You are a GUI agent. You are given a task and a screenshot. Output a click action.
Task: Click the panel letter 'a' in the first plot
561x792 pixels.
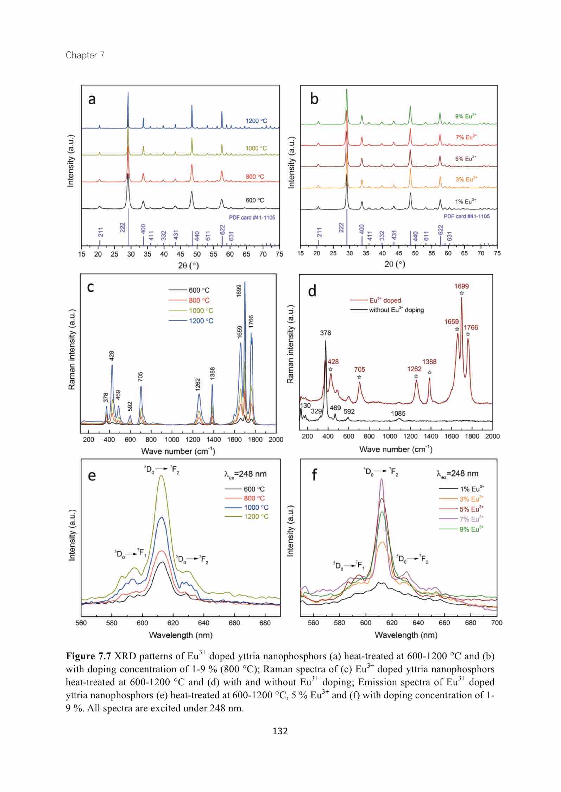pyautogui.click(x=92, y=100)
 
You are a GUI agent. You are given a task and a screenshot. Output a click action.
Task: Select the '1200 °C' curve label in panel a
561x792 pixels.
pyautogui.click(x=256, y=121)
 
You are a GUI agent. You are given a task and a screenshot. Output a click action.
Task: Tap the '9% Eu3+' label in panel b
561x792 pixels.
pyautogui.click(x=466, y=116)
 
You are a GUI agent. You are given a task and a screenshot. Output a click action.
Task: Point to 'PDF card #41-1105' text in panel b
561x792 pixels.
pyautogui.click(x=466, y=216)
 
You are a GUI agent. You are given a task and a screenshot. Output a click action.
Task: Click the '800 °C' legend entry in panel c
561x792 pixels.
pyautogui.click(x=199, y=301)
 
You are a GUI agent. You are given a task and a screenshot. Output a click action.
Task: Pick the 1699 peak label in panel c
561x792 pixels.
pyautogui.click(x=239, y=291)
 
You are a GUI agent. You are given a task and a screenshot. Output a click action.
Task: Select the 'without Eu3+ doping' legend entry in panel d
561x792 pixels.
pyautogui.click(x=396, y=310)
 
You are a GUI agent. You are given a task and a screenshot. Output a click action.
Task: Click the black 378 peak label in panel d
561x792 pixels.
pyautogui.click(x=326, y=333)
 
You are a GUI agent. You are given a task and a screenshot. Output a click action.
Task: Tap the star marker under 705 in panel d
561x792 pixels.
pyautogui.click(x=359, y=377)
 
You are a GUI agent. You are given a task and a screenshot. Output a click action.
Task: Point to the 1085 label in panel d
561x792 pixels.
pyautogui.click(x=398, y=414)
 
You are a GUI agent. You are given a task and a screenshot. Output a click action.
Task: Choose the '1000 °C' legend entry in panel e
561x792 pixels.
pyautogui.click(x=256, y=508)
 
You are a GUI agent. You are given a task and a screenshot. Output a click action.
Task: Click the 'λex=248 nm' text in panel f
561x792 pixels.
pyautogui.click(x=458, y=474)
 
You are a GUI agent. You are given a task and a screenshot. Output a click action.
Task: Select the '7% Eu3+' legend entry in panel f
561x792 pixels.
pyautogui.click(x=471, y=519)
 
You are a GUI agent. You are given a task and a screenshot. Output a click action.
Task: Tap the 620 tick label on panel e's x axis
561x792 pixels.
pyautogui.click(x=173, y=623)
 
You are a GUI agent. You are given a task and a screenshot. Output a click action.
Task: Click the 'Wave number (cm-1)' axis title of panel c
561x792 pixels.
pyautogui.click(x=178, y=451)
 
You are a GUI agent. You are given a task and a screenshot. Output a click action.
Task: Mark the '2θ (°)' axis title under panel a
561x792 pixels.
pyautogui.click(x=188, y=265)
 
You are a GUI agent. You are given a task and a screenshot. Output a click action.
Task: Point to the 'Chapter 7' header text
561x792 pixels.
pyautogui.click(x=85, y=55)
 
